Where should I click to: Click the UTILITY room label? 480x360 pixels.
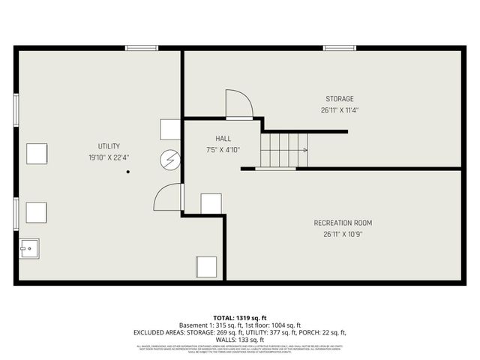(x=109, y=146)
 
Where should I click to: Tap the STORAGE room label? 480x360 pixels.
(x=339, y=99)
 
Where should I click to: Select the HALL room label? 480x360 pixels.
(x=223, y=139)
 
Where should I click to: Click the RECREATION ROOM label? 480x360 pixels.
(x=342, y=223)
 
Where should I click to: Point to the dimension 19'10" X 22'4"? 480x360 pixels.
(x=109, y=157)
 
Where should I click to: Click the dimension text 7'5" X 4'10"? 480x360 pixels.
(x=223, y=149)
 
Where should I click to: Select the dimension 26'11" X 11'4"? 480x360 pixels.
(x=339, y=110)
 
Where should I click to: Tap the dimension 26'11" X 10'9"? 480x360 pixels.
(x=342, y=234)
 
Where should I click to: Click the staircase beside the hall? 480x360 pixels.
(x=283, y=149)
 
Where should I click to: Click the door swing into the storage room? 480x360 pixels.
(x=238, y=104)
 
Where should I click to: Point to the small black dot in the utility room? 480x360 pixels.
(x=128, y=172)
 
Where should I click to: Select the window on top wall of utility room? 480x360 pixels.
(x=141, y=49)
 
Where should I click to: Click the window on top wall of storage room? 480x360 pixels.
(x=339, y=49)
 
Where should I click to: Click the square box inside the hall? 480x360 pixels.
(x=211, y=203)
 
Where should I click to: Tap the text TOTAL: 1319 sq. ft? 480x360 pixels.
(x=240, y=318)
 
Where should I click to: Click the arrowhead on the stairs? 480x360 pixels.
(x=304, y=150)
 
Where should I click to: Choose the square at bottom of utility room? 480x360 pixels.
(x=206, y=266)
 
